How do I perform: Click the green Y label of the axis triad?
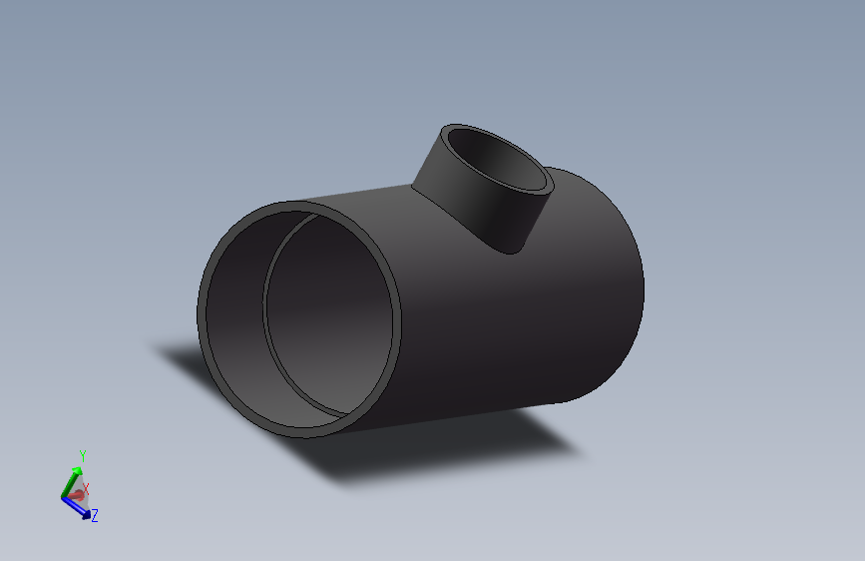pos(83,455)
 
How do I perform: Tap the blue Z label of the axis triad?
pos(95,516)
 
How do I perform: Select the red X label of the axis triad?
pos(87,488)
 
